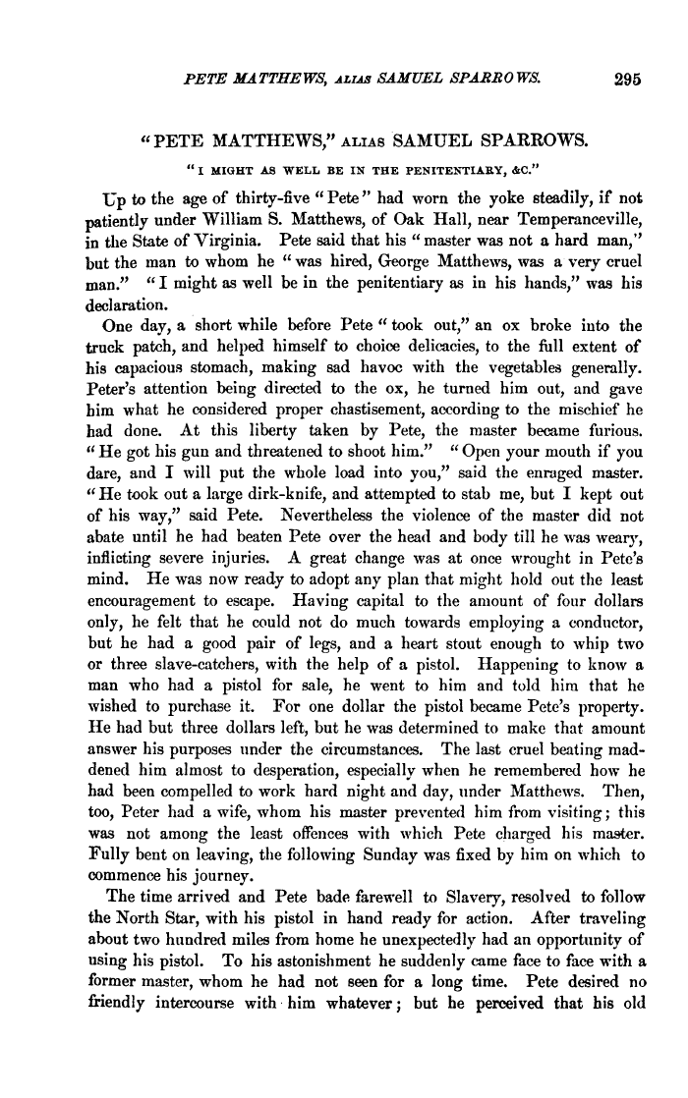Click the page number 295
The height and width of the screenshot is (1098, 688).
point(625,82)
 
